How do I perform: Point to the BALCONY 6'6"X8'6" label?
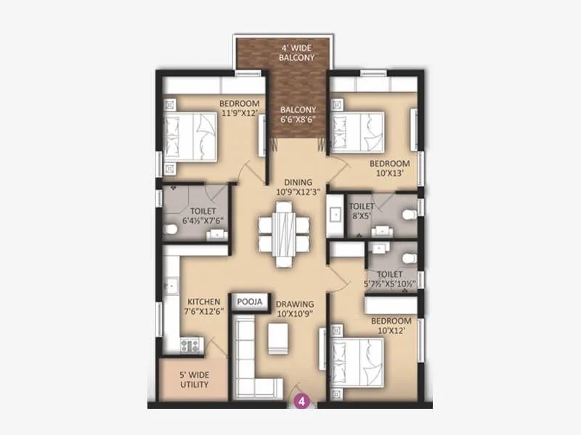(x=298, y=116)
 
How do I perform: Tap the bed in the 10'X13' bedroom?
(x=356, y=130)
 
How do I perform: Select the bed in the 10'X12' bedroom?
(x=356, y=360)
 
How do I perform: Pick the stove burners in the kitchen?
(x=191, y=346)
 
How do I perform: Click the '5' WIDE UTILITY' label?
(x=195, y=380)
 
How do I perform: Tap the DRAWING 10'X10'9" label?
(x=294, y=309)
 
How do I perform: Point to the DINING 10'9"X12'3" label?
(x=298, y=187)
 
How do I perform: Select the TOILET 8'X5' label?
(x=361, y=210)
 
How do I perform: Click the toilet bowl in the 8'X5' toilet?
(x=409, y=214)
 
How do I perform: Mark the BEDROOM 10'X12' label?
(x=391, y=326)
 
